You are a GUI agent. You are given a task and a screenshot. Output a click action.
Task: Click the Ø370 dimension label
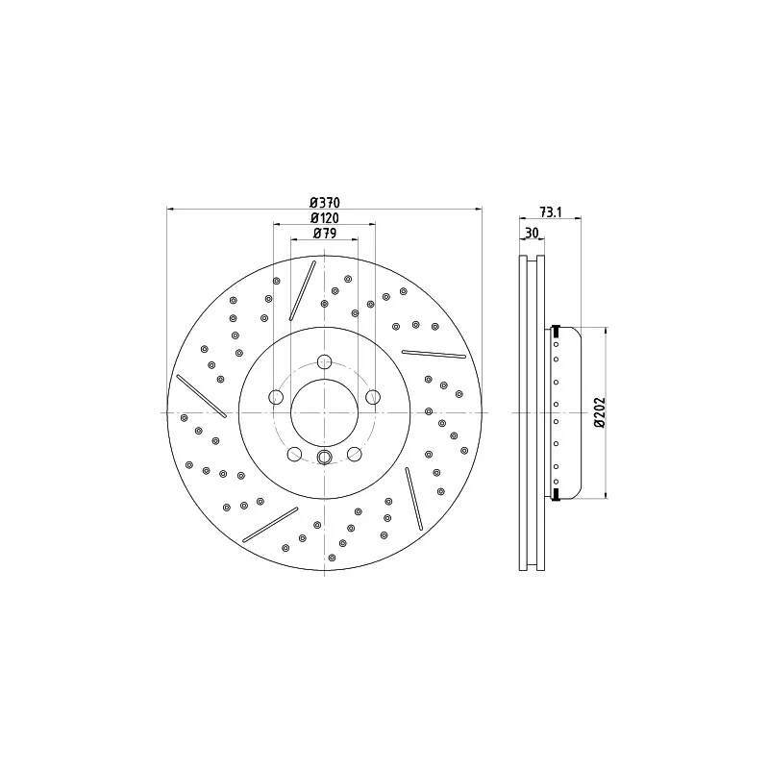click(x=325, y=202)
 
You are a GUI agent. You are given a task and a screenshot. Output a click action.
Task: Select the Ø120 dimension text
click(x=325, y=218)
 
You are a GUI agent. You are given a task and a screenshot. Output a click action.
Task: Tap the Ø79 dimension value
click(x=325, y=234)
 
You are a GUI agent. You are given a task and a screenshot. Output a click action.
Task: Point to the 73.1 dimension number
click(x=550, y=211)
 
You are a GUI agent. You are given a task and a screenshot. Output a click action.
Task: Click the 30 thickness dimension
click(x=532, y=233)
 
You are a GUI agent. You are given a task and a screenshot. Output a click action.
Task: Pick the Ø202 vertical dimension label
click(x=600, y=412)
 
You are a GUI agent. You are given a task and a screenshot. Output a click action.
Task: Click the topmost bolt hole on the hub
click(x=324, y=362)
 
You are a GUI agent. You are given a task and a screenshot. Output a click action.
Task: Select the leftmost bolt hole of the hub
click(x=276, y=397)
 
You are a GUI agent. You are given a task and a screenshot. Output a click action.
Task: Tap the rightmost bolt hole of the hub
click(x=373, y=397)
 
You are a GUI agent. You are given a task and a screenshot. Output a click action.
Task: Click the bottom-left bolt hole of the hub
click(x=294, y=454)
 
